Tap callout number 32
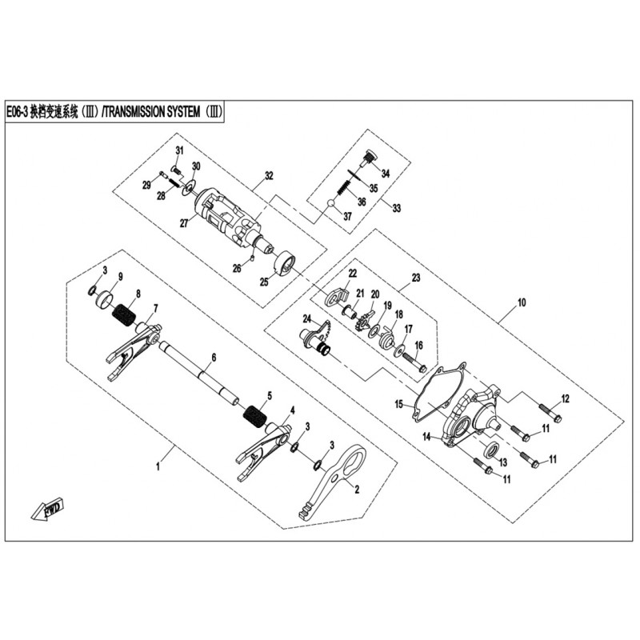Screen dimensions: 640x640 [269, 174]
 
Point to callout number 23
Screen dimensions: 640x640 [415, 278]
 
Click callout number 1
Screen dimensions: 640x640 [158, 464]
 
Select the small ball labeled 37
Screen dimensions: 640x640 [330, 206]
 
